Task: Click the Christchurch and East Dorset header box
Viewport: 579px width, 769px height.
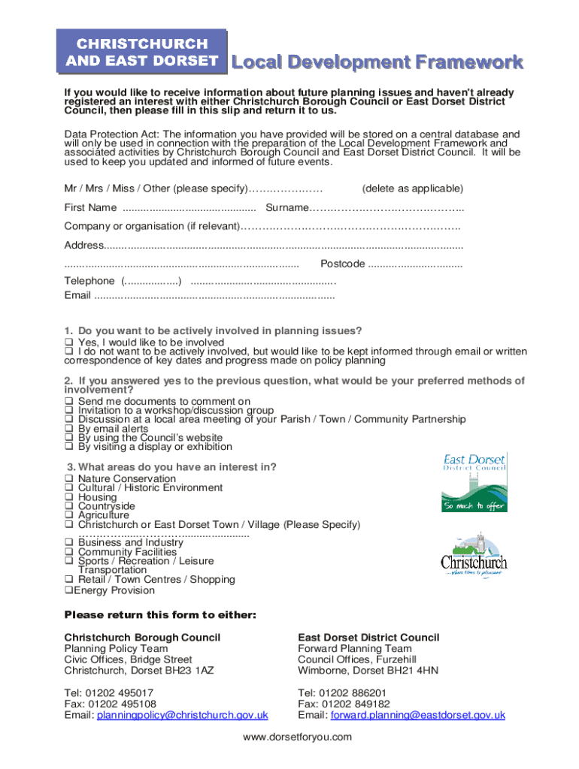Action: coord(141,52)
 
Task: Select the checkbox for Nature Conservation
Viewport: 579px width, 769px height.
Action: coord(68,479)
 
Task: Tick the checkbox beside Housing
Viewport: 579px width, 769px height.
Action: coord(68,497)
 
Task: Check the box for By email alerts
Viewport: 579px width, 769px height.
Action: coord(68,429)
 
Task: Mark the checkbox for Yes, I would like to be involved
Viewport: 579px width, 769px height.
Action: coord(68,342)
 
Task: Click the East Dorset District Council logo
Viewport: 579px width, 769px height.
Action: coord(474,482)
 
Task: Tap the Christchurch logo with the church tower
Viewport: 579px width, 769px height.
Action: coord(474,556)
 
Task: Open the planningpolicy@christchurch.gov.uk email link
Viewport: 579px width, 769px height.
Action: coord(183,716)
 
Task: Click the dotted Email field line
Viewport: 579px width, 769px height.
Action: coord(214,296)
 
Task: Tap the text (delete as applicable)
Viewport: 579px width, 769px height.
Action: coord(413,188)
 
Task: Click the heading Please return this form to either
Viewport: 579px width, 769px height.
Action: coord(160,616)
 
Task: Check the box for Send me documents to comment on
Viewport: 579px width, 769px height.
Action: coord(68,402)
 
